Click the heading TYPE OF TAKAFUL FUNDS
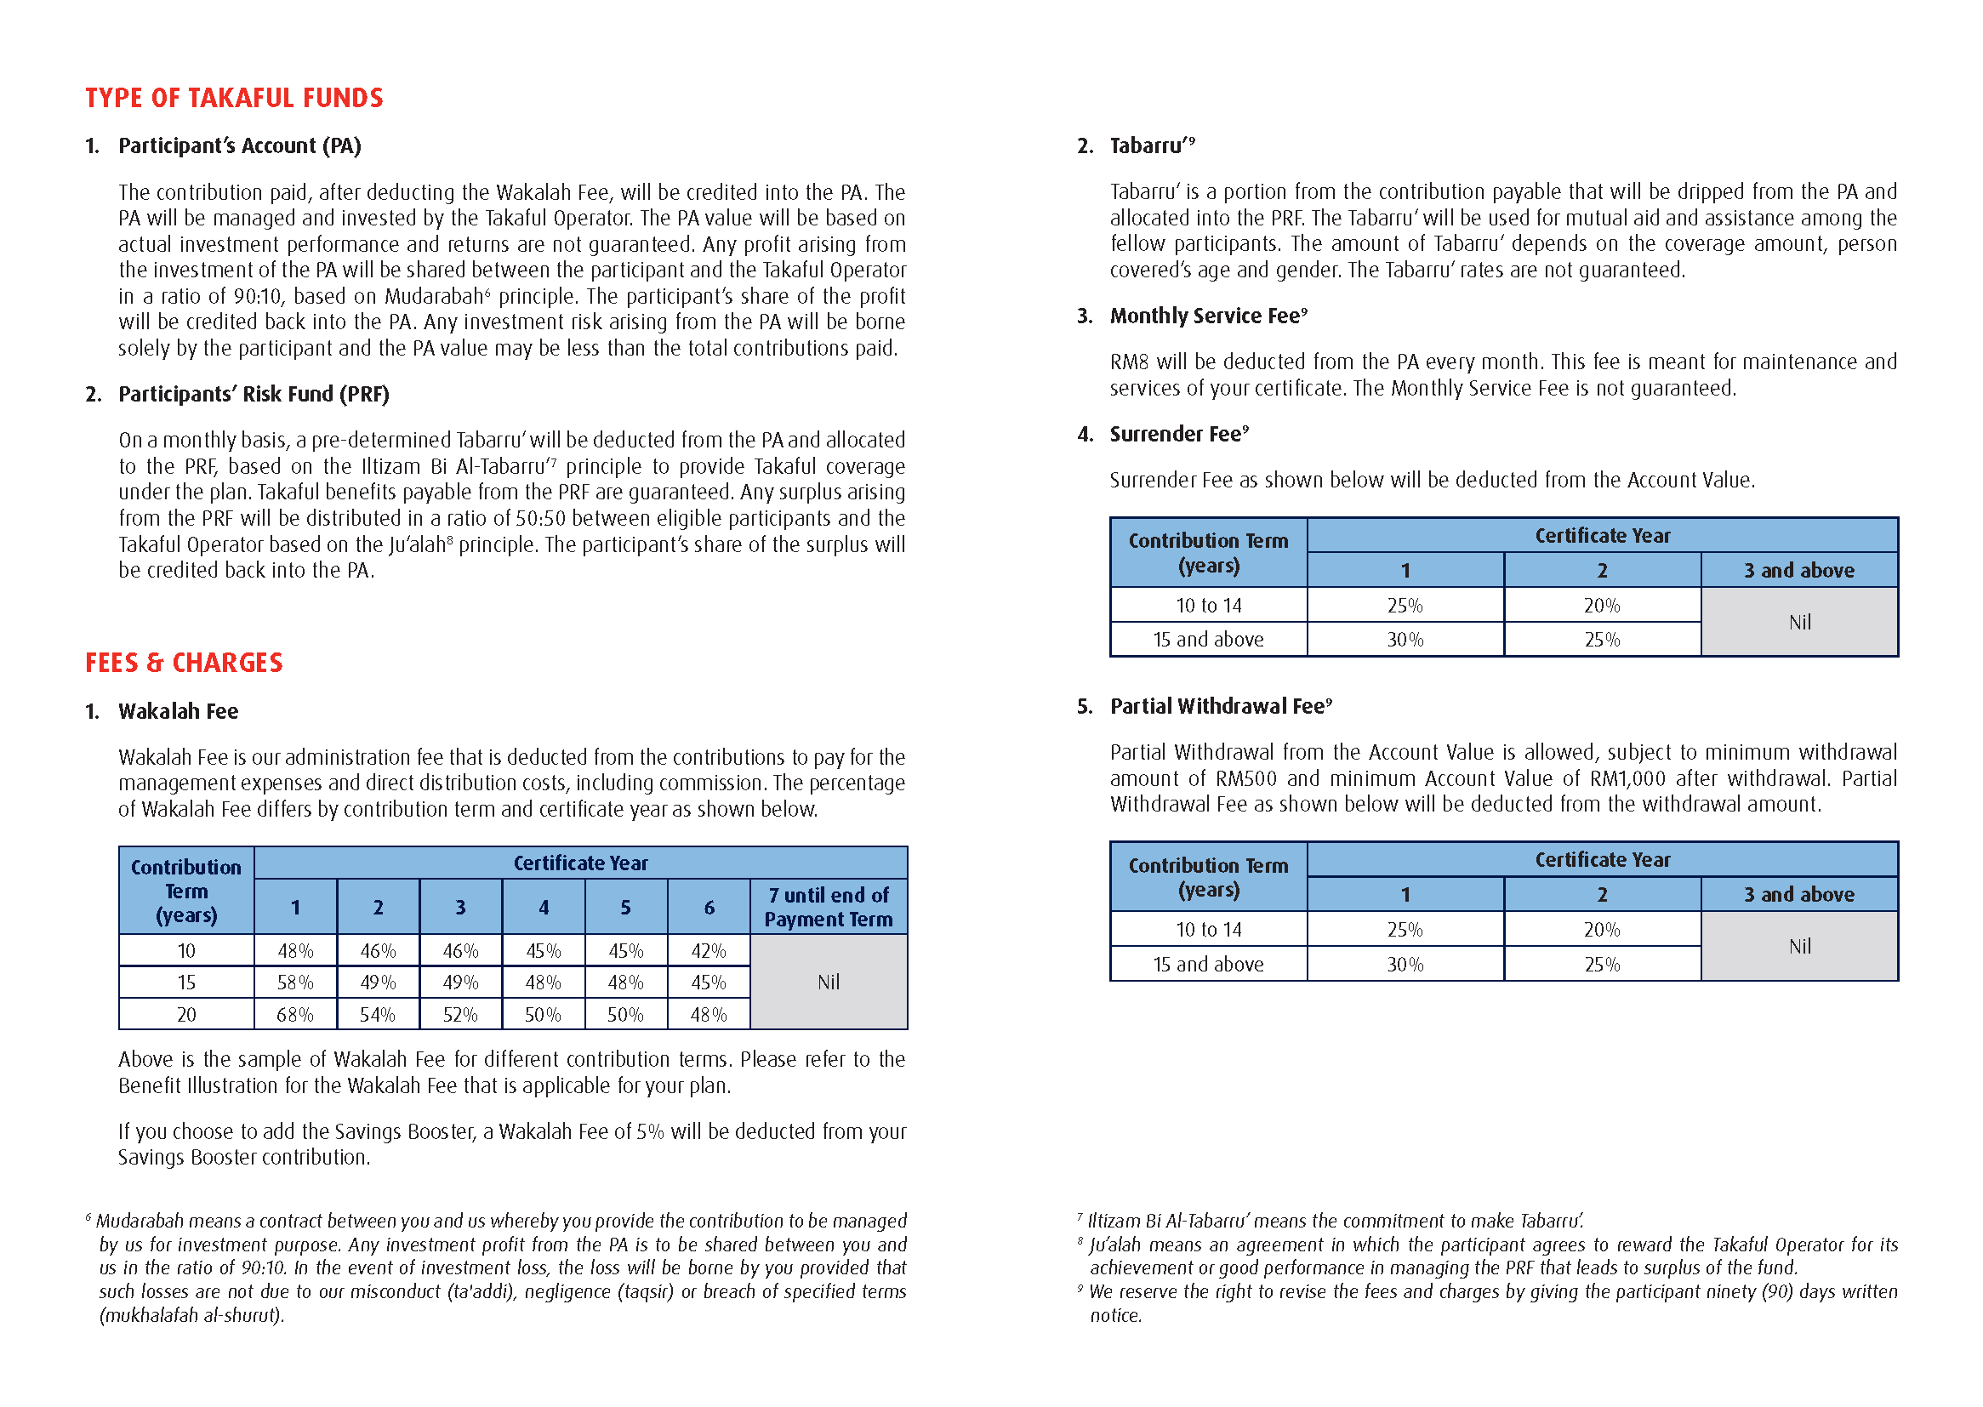point(234,98)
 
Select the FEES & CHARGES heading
point(184,663)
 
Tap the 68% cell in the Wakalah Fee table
point(294,1015)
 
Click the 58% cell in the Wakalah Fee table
point(294,983)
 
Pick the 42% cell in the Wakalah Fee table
point(709,951)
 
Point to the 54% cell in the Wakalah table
point(378,1015)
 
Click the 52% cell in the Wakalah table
point(460,1015)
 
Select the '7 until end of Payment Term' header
point(829,907)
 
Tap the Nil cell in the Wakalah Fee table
point(829,983)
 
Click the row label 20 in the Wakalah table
point(186,1015)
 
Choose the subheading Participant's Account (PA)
point(239,145)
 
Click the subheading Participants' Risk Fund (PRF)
point(254,394)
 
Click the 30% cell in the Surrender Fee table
point(1405,640)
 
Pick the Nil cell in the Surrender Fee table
point(1799,622)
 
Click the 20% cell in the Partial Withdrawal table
point(1602,930)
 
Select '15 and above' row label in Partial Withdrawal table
point(1208,965)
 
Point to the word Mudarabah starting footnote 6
point(140,1221)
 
